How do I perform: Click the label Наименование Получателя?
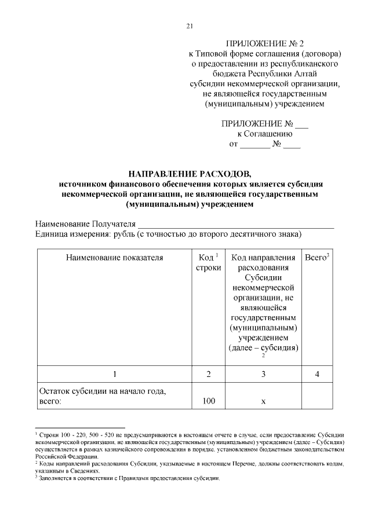[85, 224]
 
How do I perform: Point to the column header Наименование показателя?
[114, 257]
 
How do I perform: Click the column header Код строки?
[208, 262]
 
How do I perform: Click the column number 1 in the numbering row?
[114, 374]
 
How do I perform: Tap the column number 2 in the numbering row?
[208, 374]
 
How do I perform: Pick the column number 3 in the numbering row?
[263, 374]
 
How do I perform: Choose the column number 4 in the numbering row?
[317, 374]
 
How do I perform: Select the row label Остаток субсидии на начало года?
[102, 392]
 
